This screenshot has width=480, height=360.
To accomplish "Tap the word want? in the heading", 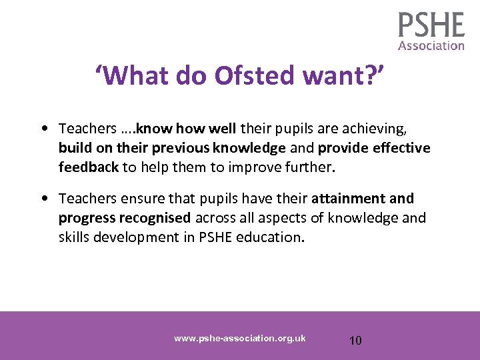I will pos(341,77).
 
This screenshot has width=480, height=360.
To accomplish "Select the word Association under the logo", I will pos(431,46).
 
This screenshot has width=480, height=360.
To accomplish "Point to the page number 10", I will pos(355,341).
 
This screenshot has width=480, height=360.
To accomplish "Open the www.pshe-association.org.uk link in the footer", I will pos(239,338).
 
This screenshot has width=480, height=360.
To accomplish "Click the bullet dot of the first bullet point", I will pos(43,127).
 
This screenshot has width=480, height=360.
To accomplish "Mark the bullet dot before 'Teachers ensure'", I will pos(43,199).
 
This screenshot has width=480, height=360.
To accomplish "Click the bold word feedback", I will pos(88,167).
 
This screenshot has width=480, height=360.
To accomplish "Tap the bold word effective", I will pos(404,147).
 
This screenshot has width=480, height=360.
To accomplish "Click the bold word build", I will pos(75,147).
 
